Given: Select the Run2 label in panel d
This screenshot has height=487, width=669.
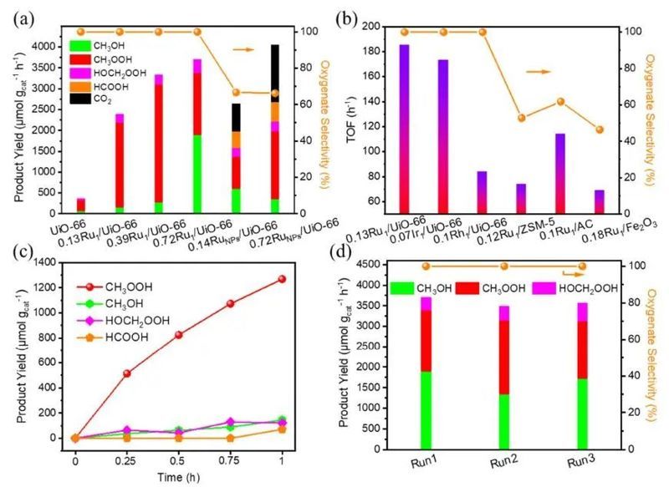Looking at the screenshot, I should tap(503, 461).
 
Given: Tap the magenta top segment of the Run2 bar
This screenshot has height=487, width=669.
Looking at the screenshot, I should tap(503, 312).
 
